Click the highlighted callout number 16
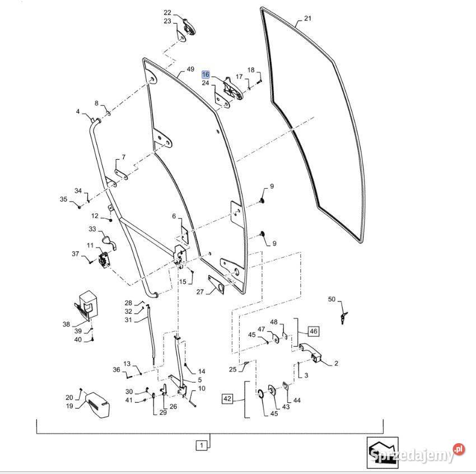pos(206,75)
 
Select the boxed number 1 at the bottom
pos(201,446)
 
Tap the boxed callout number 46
pos(312,331)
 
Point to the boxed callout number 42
pos(227,399)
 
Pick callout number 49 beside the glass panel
pos(190,69)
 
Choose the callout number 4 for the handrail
pos(78,111)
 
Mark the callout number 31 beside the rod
pos(128,320)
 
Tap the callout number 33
pos(92,229)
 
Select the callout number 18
pos(251,70)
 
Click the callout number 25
pos(232,369)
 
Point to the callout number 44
pos(297,401)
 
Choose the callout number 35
pos(64,199)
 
